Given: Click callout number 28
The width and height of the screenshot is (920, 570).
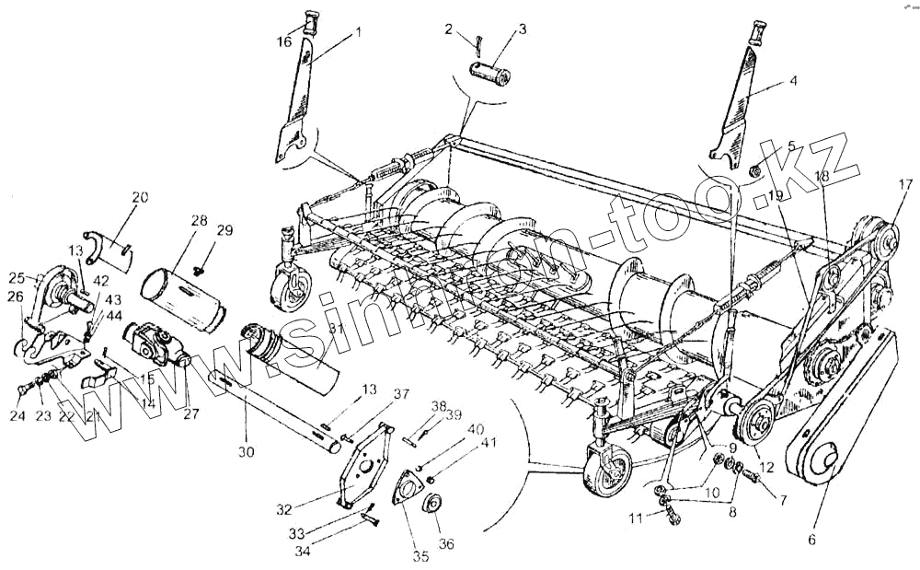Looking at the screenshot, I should coord(199,221).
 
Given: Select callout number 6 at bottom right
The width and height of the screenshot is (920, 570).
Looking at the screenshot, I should coord(811,540).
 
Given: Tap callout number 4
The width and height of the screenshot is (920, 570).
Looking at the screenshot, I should coord(792,80).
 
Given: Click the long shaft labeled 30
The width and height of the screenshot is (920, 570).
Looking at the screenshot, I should coord(276,411).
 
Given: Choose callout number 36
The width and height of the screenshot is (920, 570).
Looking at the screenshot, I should coord(446,543).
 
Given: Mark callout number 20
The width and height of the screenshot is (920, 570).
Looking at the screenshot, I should coord(139,197).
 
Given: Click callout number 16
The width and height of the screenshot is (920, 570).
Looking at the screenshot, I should coord(283,42).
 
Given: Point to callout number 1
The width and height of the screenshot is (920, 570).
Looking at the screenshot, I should coord(358,31).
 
